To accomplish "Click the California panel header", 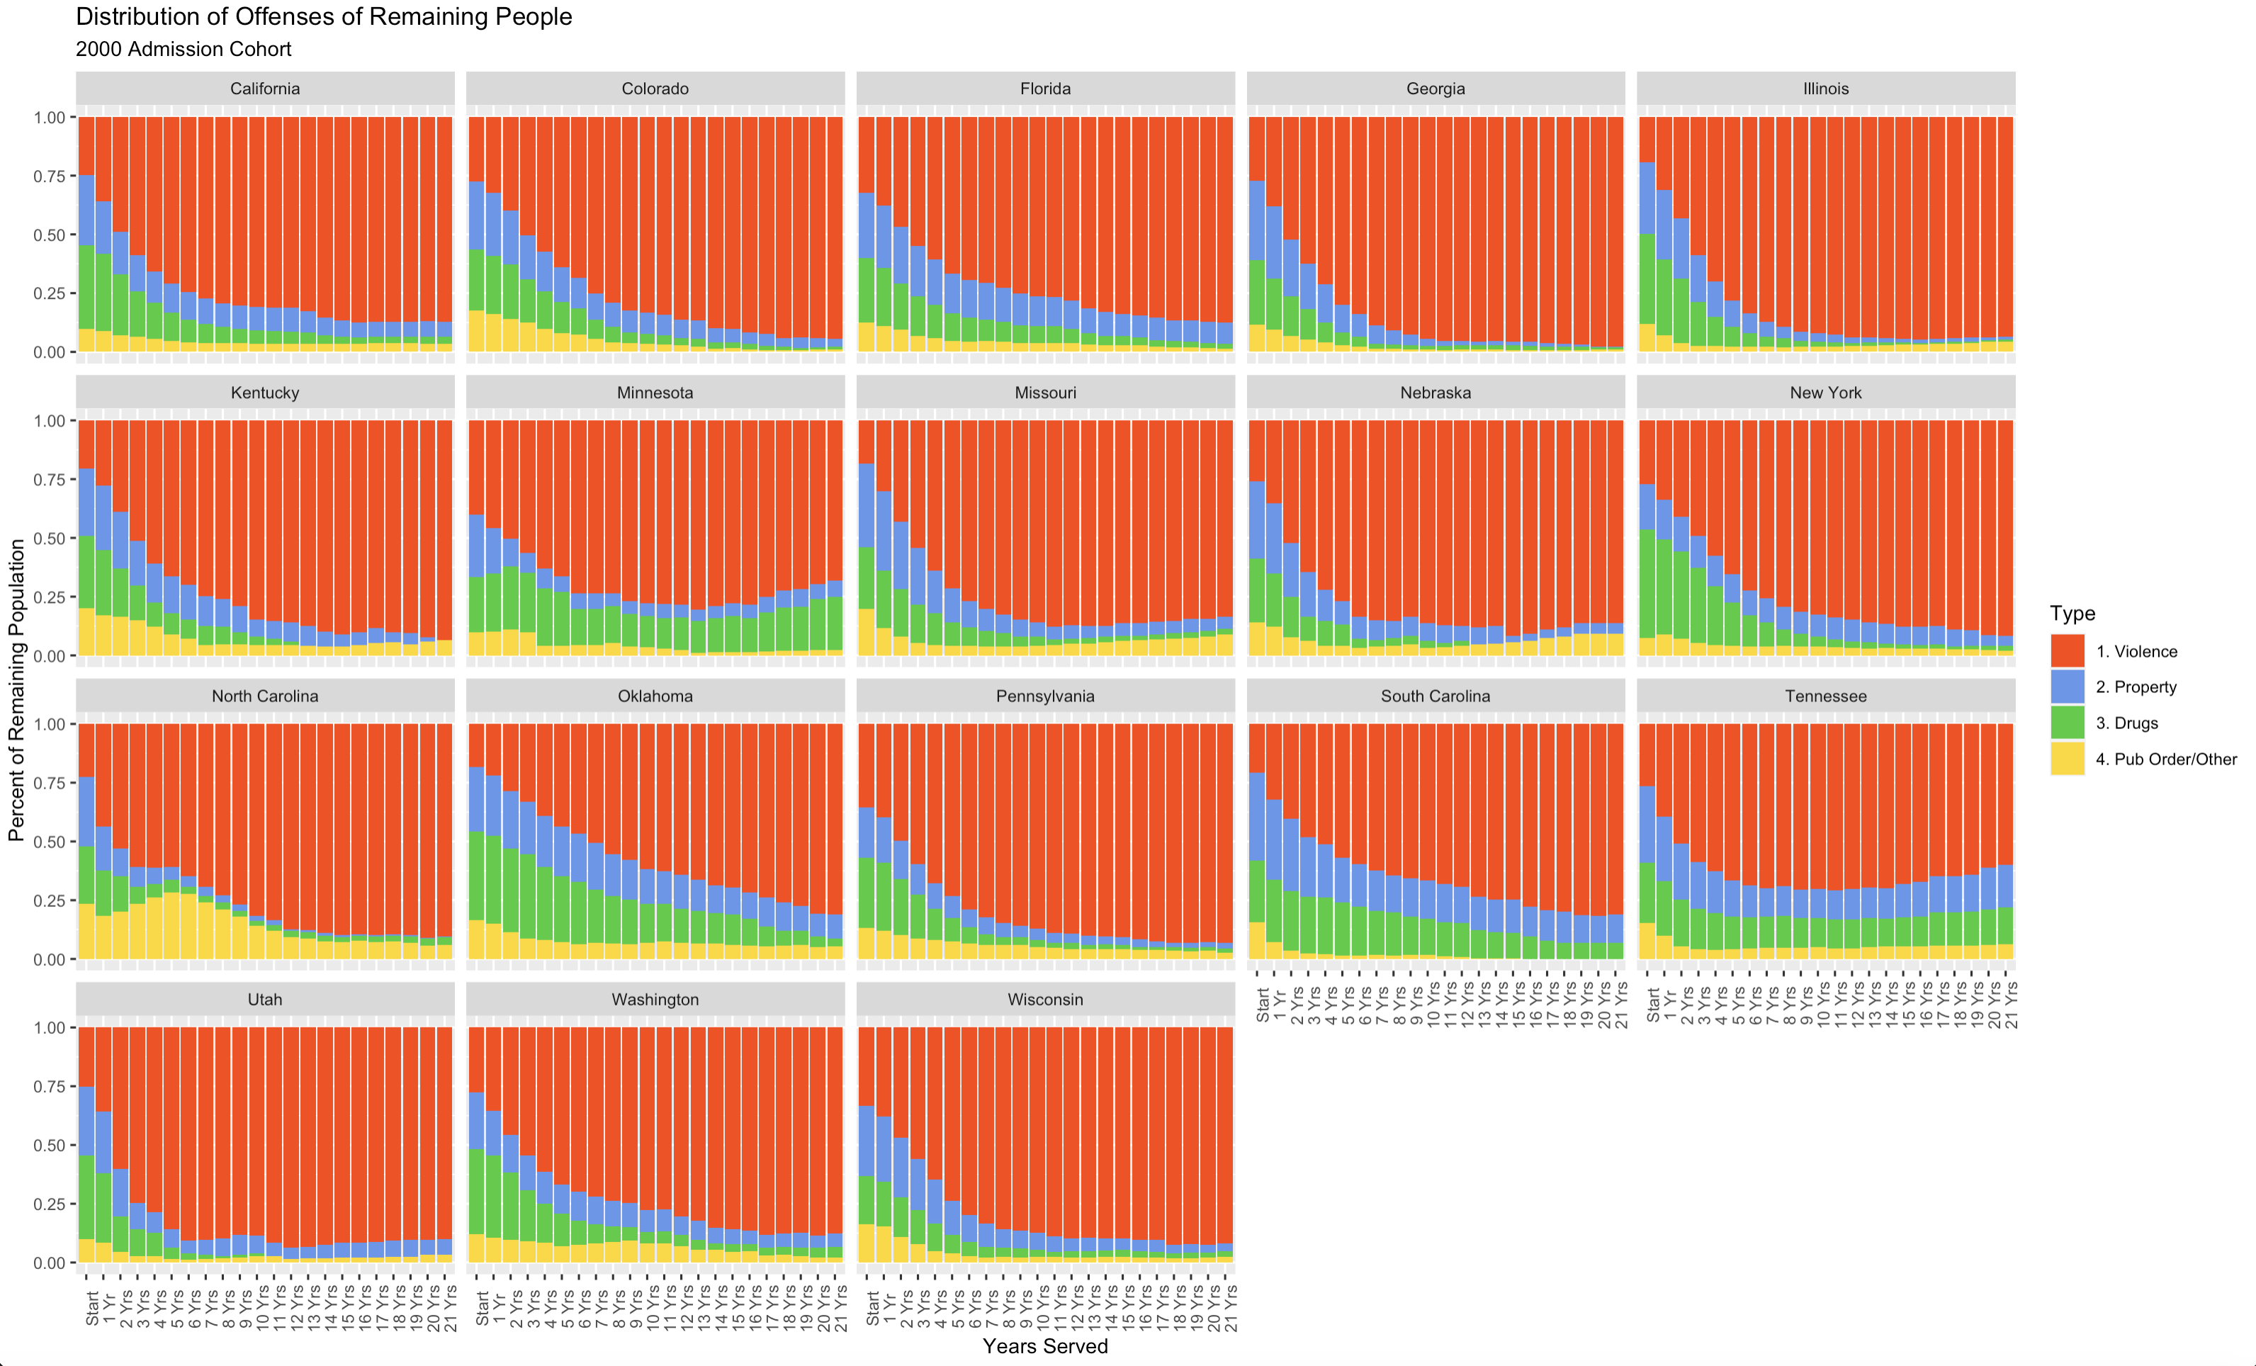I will (x=264, y=89).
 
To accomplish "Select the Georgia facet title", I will (x=1435, y=89).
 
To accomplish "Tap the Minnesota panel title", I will (x=655, y=393).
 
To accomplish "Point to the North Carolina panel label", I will (x=264, y=696).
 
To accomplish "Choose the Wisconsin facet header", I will (x=1044, y=1000).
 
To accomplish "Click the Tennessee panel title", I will (x=1824, y=696).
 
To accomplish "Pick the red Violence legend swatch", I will (x=2068, y=651).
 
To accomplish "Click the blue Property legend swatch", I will (x=2068, y=687).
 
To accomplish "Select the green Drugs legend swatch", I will (x=2068, y=723).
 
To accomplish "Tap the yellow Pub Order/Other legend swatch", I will (x=2068, y=758).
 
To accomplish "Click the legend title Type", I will (x=2072, y=614).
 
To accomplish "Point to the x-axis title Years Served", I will (x=1044, y=1346).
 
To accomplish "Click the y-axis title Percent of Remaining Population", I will (x=16, y=689).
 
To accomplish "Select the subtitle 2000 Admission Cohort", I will (x=183, y=50).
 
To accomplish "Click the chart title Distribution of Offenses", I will (x=323, y=16).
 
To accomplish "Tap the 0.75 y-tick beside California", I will (x=50, y=176).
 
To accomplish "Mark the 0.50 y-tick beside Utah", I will (x=50, y=1146).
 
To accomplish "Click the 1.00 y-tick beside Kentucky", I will (x=50, y=421).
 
